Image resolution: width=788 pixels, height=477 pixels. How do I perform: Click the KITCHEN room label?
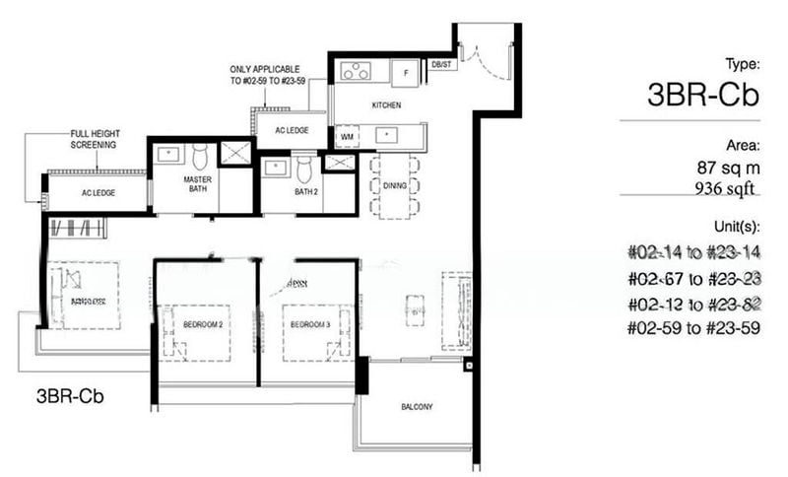point(383,103)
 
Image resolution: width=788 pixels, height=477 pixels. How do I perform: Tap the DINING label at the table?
point(394,185)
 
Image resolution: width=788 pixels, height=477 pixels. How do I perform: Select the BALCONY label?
point(417,406)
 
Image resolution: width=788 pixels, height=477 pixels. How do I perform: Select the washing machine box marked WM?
point(346,133)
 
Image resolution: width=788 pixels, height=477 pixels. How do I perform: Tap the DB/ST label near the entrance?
point(440,64)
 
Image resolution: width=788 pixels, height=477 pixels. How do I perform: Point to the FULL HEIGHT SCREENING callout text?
point(94,139)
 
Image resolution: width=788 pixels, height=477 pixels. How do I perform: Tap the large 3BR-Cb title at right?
point(703,95)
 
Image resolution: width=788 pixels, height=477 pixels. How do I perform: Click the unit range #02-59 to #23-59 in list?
point(693,327)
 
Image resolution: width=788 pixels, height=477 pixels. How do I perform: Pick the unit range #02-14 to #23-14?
point(693,251)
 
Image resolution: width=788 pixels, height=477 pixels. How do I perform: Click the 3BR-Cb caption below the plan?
point(70,397)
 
